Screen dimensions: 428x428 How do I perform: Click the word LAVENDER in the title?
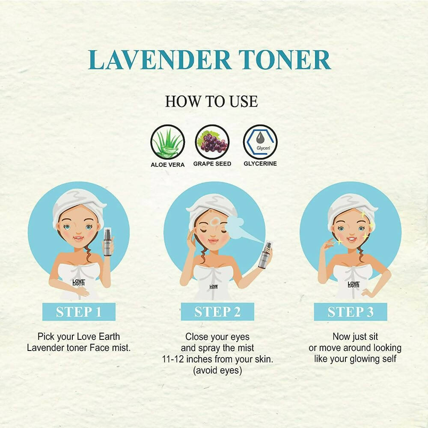[x=160, y=60]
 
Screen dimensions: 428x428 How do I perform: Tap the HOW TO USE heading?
[x=211, y=101]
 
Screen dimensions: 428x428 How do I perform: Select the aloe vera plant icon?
[x=168, y=142]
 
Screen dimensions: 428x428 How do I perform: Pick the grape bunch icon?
[x=212, y=142]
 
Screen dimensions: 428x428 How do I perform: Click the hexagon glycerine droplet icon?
[x=260, y=142]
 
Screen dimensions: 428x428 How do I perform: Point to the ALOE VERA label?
[x=168, y=165]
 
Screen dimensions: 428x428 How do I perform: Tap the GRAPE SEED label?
[x=212, y=164]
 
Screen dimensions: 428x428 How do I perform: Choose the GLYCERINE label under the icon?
[x=260, y=163]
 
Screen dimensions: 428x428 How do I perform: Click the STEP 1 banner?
[x=79, y=312]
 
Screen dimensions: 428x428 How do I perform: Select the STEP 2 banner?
[x=217, y=312]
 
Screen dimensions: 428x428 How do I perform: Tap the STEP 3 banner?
[x=351, y=312]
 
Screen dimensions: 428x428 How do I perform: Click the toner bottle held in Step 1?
[x=108, y=241]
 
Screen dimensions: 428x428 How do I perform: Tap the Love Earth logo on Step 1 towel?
[x=79, y=282]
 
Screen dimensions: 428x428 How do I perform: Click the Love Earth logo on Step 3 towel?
[x=354, y=284]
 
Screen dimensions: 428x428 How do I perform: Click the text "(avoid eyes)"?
[x=217, y=371]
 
